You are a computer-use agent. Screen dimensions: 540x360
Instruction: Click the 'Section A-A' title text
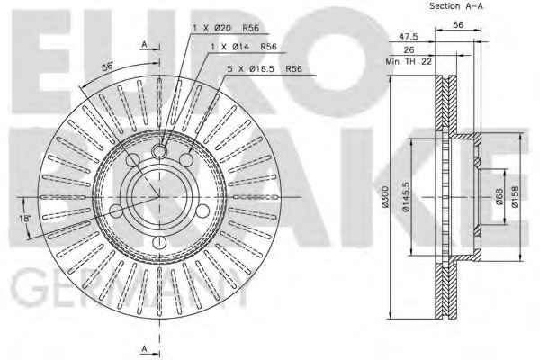tap(456, 6)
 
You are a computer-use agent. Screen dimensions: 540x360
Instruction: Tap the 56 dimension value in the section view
tap(458, 24)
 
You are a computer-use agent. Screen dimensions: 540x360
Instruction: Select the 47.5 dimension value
tap(408, 36)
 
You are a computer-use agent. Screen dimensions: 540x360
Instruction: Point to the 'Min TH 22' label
tap(409, 61)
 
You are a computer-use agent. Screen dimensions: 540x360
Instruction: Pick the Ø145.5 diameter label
tap(406, 196)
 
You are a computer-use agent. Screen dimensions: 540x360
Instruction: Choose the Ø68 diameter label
tap(499, 196)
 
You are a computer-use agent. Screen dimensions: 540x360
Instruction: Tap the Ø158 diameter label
tap(515, 197)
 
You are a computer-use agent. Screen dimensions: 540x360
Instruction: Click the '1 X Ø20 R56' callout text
tap(226, 28)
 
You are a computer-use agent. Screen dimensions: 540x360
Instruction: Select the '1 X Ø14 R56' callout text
tap(244, 47)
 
